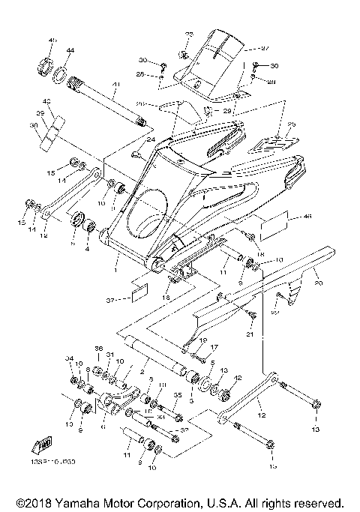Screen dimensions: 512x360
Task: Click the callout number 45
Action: (x=52, y=40)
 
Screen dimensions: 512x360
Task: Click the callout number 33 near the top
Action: (x=189, y=34)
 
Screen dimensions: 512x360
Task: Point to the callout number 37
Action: (x=110, y=301)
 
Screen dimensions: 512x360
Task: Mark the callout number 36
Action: (x=97, y=350)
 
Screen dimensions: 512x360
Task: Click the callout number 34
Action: (x=69, y=359)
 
